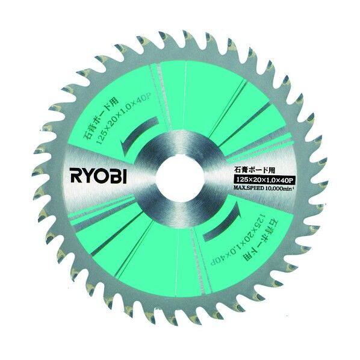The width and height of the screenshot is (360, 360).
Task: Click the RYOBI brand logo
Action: [x=99, y=176]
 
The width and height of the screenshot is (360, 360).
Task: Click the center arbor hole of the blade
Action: [x=180, y=176]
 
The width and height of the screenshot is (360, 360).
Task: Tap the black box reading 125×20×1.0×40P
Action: [x=263, y=180]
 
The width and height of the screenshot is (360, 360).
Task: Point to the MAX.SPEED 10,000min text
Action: [x=264, y=188]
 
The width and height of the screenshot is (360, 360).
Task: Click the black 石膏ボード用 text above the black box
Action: [x=254, y=171]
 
